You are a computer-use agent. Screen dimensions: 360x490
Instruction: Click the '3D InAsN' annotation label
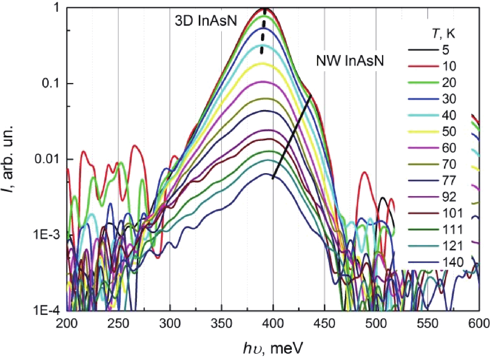pos(206,21)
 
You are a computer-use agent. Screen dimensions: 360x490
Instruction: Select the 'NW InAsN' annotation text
pos(350,61)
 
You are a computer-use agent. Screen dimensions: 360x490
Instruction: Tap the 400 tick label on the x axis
pos(273,324)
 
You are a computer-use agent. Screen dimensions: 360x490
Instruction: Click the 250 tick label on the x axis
pos(118,324)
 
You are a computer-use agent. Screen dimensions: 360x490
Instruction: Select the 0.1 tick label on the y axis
pos(51,84)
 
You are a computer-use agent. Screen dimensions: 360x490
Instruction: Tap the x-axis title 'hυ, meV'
pos(273,348)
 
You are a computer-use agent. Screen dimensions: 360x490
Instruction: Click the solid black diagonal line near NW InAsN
pos(292,137)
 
